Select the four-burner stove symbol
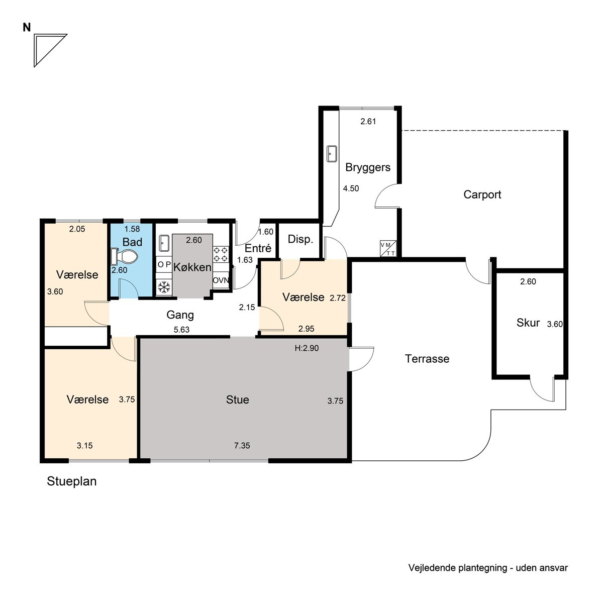coord(221,254)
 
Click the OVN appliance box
coord(221,280)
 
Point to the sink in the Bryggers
coord(331,154)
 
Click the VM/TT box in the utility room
coord(388,248)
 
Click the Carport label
coord(482,194)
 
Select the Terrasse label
coord(427,359)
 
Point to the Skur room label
coord(528,323)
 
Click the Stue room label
coord(238,399)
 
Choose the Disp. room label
coord(300,239)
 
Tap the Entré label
coord(258,248)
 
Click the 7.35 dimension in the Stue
coord(242,446)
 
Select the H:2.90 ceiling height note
coord(307,348)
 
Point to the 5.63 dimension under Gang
coord(181,330)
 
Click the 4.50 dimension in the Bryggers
coord(351,188)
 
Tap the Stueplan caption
coord(72,481)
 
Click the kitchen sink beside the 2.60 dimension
coord(164,243)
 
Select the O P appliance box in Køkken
coord(164,265)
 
